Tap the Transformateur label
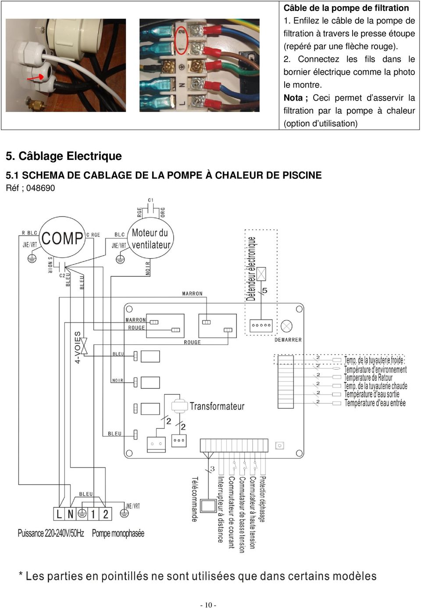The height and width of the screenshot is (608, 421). click(217, 406)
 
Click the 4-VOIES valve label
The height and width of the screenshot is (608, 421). click(78, 347)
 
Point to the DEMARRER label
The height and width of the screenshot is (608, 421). click(288, 340)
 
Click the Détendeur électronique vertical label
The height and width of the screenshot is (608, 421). click(251, 268)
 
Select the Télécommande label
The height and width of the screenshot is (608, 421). click(195, 499)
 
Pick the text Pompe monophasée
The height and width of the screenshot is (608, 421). click(118, 533)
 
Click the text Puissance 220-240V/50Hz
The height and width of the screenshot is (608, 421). click(51, 533)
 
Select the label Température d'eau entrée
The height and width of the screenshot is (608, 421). click(375, 402)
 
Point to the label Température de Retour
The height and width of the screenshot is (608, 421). click(368, 377)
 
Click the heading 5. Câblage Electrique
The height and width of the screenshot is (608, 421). click(64, 156)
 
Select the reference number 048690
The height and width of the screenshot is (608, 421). click(40, 188)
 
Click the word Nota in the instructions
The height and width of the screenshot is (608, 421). click(293, 98)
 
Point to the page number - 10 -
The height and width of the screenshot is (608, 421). click(208, 605)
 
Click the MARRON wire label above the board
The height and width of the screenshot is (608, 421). click(192, 293)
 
